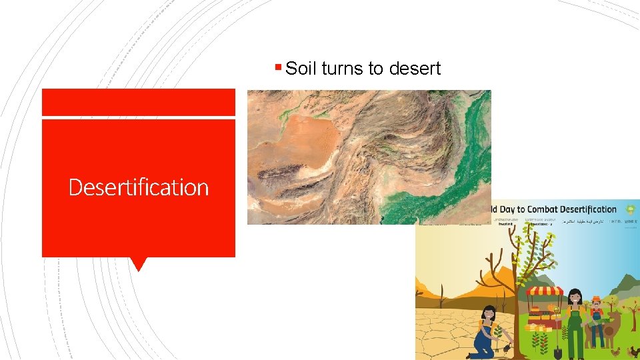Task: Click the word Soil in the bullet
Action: tap(301, 69)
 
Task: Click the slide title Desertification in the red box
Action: tap(139, 187)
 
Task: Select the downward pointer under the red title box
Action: tap(139, 264)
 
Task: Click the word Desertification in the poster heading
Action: tap(592, 209)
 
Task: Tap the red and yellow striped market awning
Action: tap(545, 291)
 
